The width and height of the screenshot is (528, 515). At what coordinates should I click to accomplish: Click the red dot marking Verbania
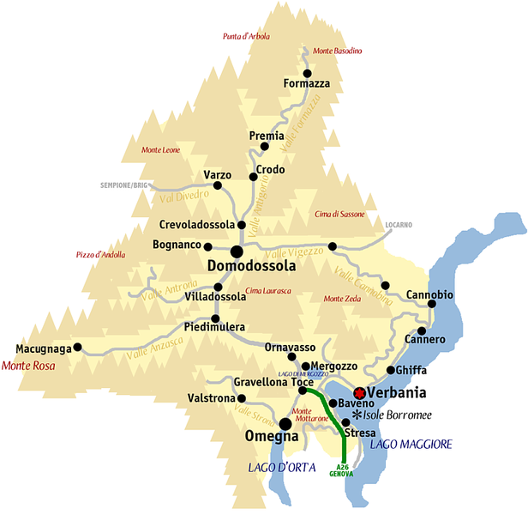335,391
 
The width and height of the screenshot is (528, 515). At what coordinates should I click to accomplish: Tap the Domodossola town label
252,266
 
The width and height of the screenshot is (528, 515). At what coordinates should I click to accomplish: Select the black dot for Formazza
306,73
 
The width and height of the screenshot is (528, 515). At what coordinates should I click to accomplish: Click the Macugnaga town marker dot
78,348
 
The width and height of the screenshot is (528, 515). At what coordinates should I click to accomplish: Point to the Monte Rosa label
29,365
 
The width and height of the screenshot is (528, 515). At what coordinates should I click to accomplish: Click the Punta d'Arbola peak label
246,36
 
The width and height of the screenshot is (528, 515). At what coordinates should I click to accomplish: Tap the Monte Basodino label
338,51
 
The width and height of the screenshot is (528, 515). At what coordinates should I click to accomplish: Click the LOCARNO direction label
399,225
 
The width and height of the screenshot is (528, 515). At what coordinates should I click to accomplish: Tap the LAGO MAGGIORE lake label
411,444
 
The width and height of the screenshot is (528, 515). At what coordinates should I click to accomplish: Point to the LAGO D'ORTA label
282,467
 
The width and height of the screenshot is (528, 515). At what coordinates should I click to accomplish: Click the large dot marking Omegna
285,423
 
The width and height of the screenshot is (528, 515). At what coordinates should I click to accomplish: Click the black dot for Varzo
217,185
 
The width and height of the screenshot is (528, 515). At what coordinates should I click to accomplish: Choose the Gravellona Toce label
273,381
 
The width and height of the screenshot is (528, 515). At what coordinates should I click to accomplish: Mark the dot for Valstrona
242,398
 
